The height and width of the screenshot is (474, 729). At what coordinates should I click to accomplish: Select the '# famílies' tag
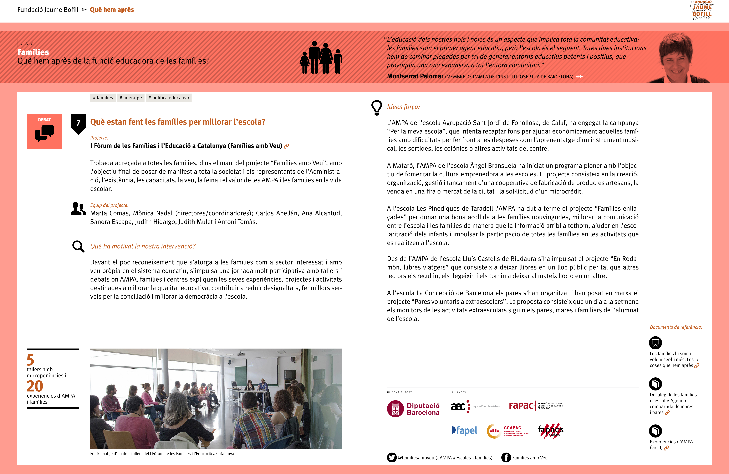pos(103,98)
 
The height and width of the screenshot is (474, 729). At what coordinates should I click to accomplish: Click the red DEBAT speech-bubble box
pos(44,131)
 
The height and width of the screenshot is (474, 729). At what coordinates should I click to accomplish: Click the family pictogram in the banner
pos(321,58)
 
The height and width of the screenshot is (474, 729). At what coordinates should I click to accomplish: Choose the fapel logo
pos(464,430)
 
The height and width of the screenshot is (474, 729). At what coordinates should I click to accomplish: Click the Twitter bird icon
pos(391,457)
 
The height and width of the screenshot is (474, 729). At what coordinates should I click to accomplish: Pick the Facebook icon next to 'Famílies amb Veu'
pos(506,457)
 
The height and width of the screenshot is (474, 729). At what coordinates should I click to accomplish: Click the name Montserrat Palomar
pos(415,76)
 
